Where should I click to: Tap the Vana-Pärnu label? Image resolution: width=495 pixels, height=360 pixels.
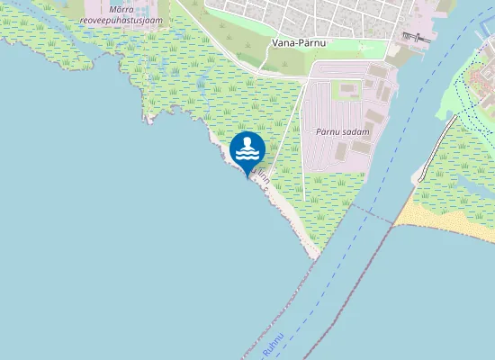[298, 42]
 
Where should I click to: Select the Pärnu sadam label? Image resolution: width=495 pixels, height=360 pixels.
[343, 131]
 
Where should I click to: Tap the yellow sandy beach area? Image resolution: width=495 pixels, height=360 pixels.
[445, 216]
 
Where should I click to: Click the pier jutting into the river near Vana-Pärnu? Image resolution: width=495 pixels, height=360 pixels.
[414, 37]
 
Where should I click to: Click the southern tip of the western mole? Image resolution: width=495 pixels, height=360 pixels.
[316, 256]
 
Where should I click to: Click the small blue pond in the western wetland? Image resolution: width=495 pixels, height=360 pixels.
[200, 84]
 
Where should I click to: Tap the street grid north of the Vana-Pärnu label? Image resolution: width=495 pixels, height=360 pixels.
[297, 13]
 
